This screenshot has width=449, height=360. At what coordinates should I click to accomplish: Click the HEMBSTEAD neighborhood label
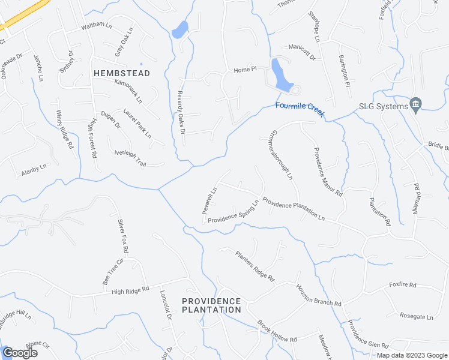tap(122, 73)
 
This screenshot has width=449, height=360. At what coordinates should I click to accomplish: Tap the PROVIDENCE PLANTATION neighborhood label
tap(211, 305)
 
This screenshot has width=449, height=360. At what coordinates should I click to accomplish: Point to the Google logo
tap(20, 353)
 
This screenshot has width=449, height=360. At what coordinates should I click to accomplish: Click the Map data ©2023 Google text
tap(411, 355)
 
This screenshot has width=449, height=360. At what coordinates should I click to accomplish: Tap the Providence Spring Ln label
tap(233, 212)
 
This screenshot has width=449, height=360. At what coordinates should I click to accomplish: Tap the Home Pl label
tap(245, 70)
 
